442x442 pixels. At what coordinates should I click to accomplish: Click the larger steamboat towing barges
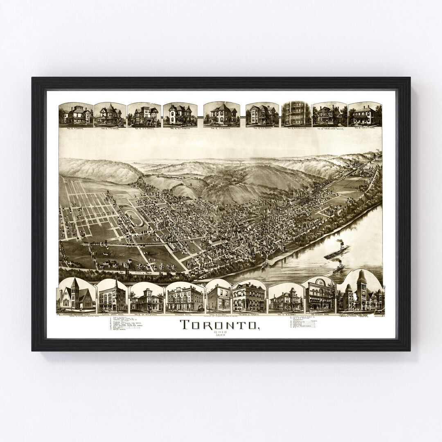[x=336, y=251]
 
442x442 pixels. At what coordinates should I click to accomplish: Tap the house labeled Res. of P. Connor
[x=76, y=114]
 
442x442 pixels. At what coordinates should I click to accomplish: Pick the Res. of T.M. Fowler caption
[x=110, y=128]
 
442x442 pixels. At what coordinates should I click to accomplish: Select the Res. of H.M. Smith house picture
[x=262, y=114]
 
